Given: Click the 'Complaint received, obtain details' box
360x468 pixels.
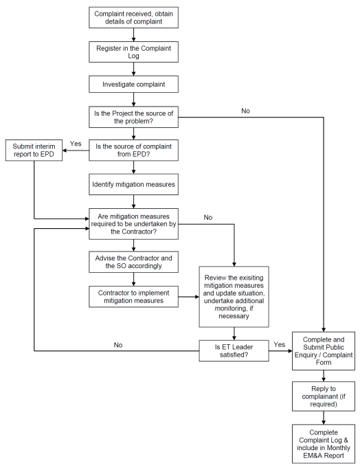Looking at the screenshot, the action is pyautogui.click(x=133, y=18).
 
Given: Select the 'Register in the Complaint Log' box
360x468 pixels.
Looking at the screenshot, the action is pyautogui.click(x=133, y=52).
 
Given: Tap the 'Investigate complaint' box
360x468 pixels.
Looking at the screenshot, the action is pyautogui.click(x=133, y=84).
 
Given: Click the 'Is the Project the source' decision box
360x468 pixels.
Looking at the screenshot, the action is pyautogui.click(x=133, y=117).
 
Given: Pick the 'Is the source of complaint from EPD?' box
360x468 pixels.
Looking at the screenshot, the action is pyautogui.click(x=133, y=150).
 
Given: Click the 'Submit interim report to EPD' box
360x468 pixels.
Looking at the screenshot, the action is pyautogui.click(x=34, y=150).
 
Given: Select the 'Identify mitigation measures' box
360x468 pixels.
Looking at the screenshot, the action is pyautogui.click(x=133, y=184).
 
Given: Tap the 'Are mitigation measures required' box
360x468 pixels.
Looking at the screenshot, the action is pyautogui.click(x=133, y=224).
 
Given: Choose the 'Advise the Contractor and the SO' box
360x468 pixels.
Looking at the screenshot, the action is pyautogui.click(x=133, y=262).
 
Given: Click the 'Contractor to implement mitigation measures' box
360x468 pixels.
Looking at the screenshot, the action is pyautogui.click(x=133, y=297).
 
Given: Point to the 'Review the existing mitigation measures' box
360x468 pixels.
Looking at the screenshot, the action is pyautogui.click(x=234, y=297).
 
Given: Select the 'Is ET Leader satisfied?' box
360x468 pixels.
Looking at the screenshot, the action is pyautogui.click(x=234, y=350).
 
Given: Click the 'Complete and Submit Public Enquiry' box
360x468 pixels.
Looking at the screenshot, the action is pyautogui.click(x=324, y=351).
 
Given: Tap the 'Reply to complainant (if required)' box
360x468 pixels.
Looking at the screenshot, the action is pyautogui.click(x=324, y=397).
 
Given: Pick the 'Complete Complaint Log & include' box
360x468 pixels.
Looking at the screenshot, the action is pyautogui.click(x=324, y=444).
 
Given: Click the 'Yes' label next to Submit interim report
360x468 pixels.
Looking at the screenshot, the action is pyautogui.click(x=76, y=144).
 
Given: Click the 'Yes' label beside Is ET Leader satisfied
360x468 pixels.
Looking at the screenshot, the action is pyautogui.click(x=280, y=344).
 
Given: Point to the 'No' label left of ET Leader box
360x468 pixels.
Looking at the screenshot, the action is pyautogui.click(x=118, y=345).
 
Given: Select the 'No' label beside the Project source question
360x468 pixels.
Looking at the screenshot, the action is pyautogui.click(x=245, y=111).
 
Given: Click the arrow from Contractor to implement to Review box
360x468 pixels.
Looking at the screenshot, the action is pyautogui.click(x=189, y=297).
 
